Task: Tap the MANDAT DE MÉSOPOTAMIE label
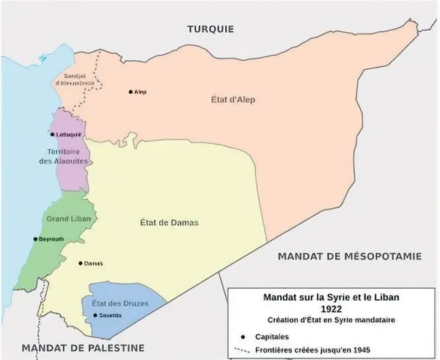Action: point(349,256)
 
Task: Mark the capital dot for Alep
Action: point(131,92)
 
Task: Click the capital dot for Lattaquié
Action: point(52,135)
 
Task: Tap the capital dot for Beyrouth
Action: point(35,239)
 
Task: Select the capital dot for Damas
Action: point(81,262)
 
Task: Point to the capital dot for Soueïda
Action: point(95,315)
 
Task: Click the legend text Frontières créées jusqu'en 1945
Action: point(309,350)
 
